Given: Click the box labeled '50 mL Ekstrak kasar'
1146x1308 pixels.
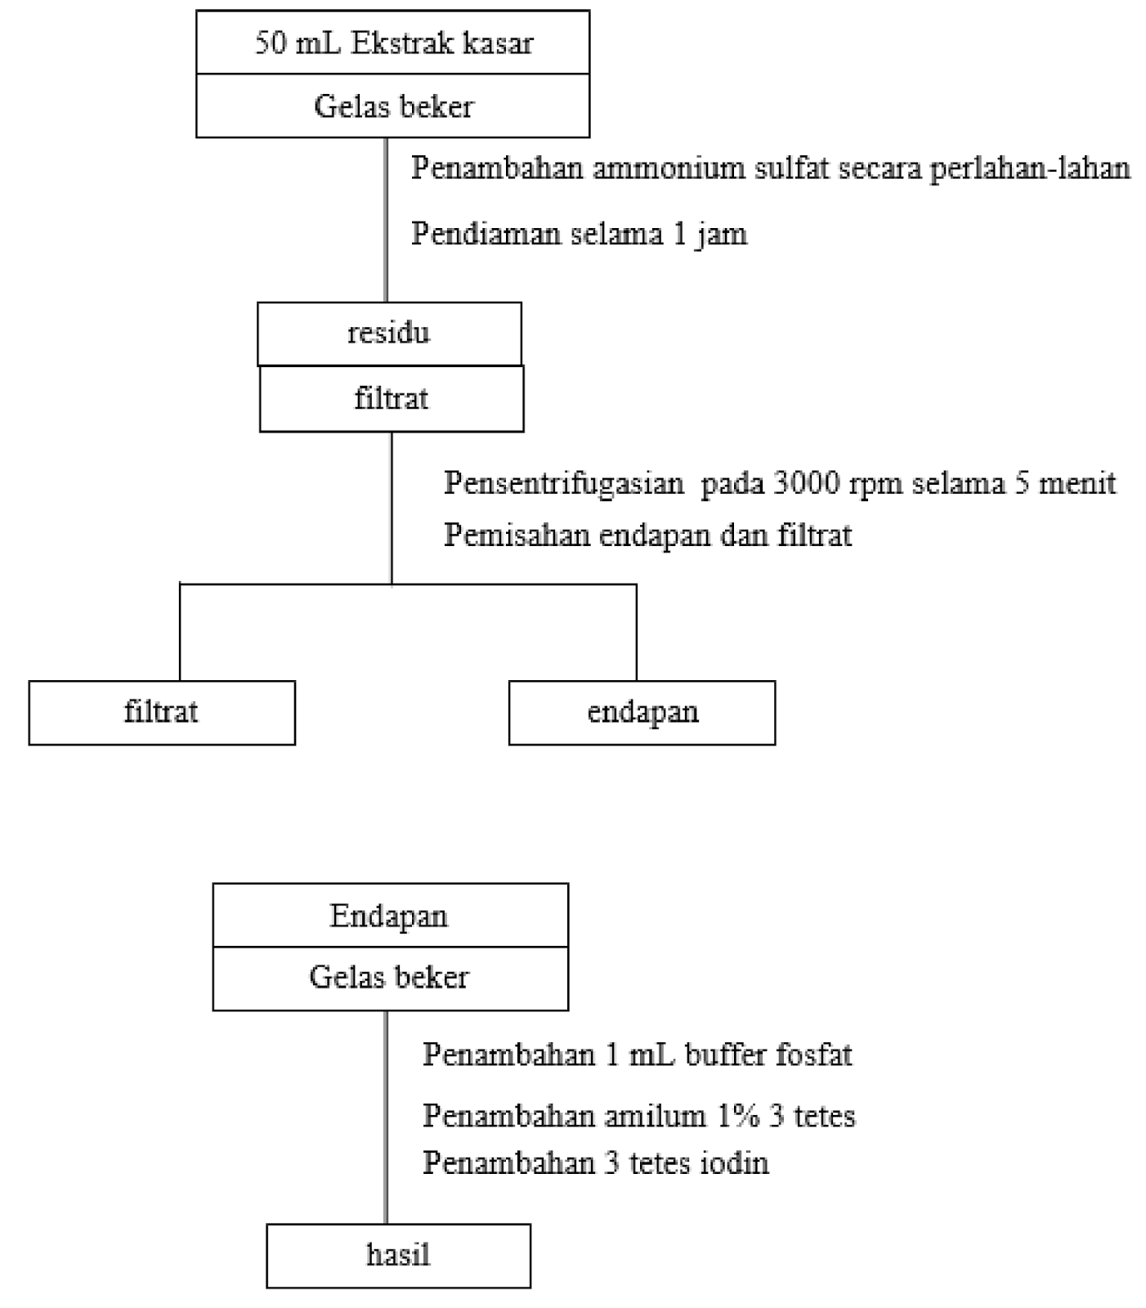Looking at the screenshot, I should click(392, 43).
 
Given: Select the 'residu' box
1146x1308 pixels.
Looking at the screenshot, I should click(389, 334).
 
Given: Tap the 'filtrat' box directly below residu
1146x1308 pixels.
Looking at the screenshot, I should click(392, 399).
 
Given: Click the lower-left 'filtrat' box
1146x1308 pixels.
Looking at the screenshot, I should click(162, 712).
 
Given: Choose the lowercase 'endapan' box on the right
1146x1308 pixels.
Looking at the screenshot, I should click(642, 712).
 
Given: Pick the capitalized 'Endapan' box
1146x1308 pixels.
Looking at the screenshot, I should click(390, 916).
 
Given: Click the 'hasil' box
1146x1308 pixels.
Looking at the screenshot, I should click(398, 1255).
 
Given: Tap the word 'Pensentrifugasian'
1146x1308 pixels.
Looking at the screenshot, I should click(564, 483).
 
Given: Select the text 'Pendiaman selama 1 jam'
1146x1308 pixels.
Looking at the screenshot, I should click(579, 235).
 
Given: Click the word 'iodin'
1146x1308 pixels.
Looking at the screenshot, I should click(733, 1162).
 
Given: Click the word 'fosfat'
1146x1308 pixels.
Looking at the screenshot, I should click(813, 1055).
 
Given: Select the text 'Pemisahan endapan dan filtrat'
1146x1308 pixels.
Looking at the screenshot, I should click(647, 535).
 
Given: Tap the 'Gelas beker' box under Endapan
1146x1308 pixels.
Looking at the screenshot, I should click(390, 978).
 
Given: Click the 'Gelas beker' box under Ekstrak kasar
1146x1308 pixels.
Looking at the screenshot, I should click(392, 106).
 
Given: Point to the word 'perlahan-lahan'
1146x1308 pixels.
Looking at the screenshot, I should click(1030, 168).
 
